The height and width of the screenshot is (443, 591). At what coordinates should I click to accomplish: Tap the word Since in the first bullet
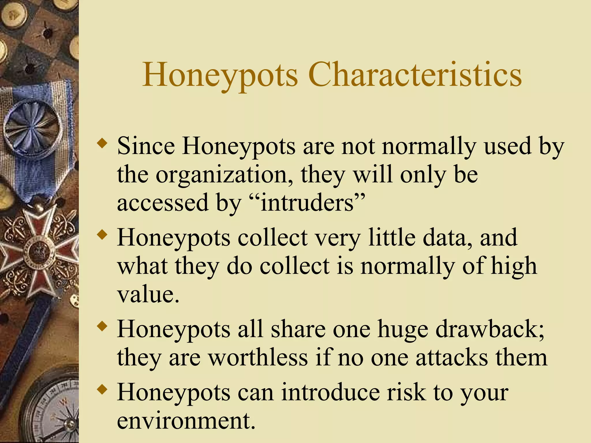pyautogui.click(x=146, y=146)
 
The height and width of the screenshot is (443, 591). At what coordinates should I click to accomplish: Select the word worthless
pyautogui.click(x=258, y=358)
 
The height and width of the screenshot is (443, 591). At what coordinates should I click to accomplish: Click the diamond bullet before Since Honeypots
pyautogui.click(x=102, y=143)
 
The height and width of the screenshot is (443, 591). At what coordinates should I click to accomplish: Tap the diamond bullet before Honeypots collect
pyautogui.click(x=102, y=234)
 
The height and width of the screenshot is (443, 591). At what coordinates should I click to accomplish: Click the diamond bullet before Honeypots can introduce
pyautogui.click(x=102, y=390)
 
